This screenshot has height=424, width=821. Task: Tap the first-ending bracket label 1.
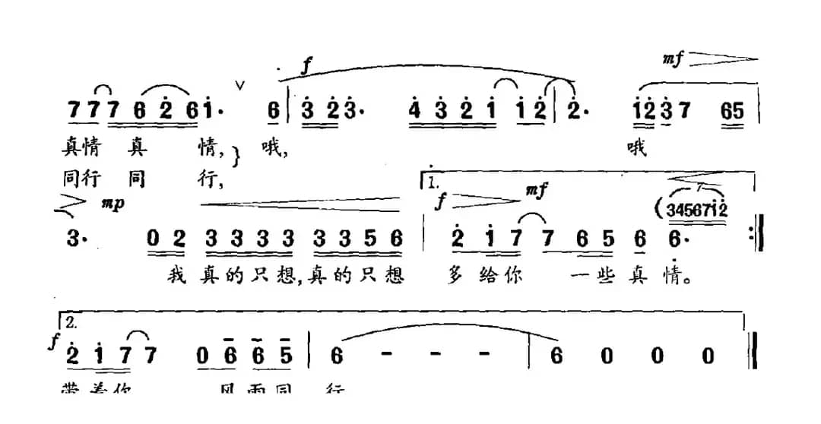[x=434, y=183]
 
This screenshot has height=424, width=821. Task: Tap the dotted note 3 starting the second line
[x=74, y=239]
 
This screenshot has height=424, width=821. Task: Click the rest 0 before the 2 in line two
[x=154, y=239]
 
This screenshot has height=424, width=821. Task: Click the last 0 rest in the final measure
[x=709, y=356]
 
